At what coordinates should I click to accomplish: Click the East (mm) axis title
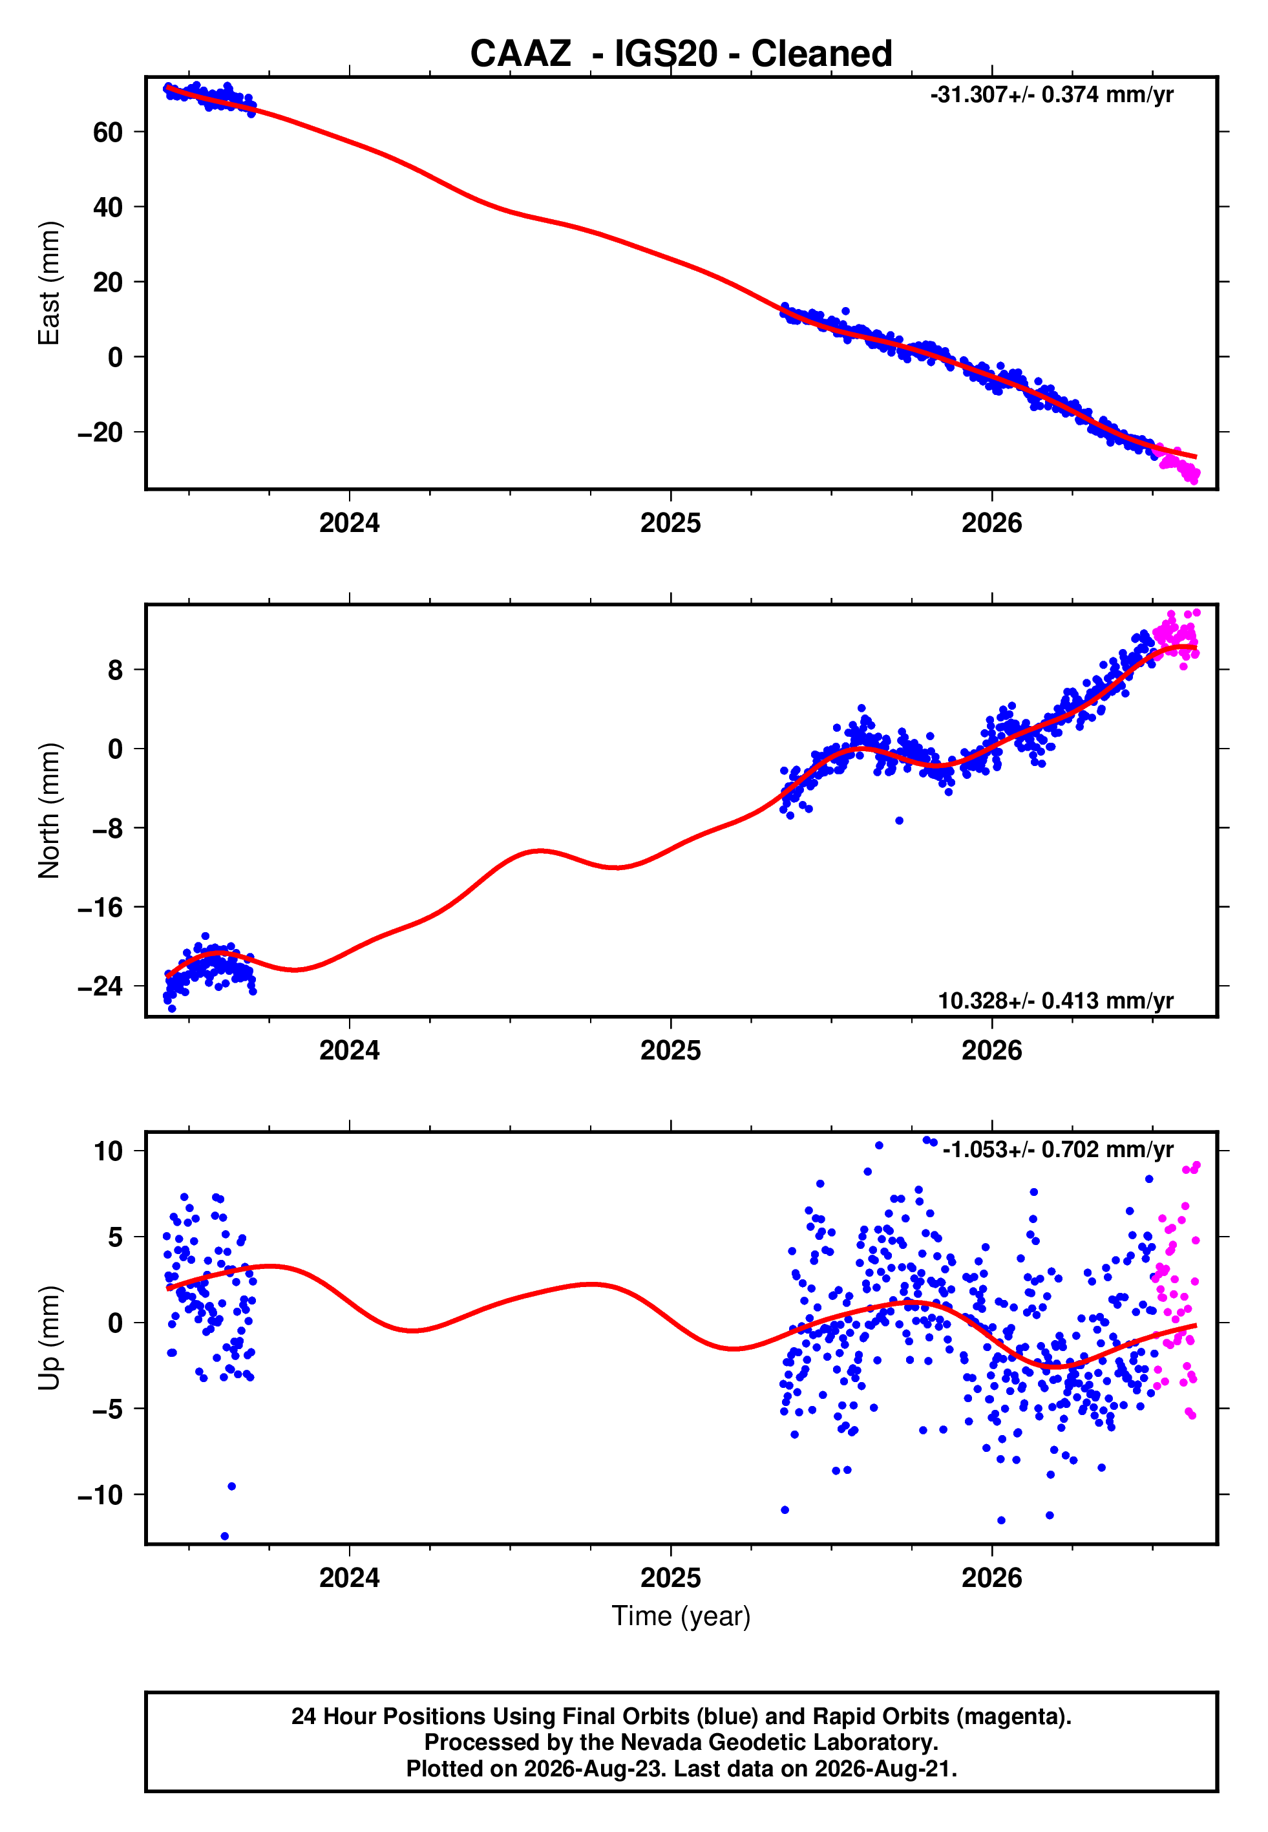tap(49, 283)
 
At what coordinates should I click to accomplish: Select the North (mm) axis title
tap(49, 811)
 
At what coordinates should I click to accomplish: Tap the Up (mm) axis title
tap(49, 1338)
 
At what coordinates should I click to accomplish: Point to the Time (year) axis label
tap(681, 1616)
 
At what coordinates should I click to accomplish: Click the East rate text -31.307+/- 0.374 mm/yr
tap(1052, 94)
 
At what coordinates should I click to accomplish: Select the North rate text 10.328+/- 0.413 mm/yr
tap(1056, 1000)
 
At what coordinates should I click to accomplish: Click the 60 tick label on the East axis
tap(108, 132)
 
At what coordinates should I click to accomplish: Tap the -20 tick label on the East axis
tap(100, 432)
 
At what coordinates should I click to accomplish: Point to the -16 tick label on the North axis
tap(100, 907)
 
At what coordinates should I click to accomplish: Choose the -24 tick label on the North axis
tap(100, 986)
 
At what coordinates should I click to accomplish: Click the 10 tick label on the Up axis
tap(108, 1151)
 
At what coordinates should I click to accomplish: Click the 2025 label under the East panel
tap(671, 523)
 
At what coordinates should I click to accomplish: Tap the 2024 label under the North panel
tap(350, 1050)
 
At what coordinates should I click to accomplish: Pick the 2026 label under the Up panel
tap(991, 1578)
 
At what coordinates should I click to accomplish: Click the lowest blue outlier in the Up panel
tap(225, 1537)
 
